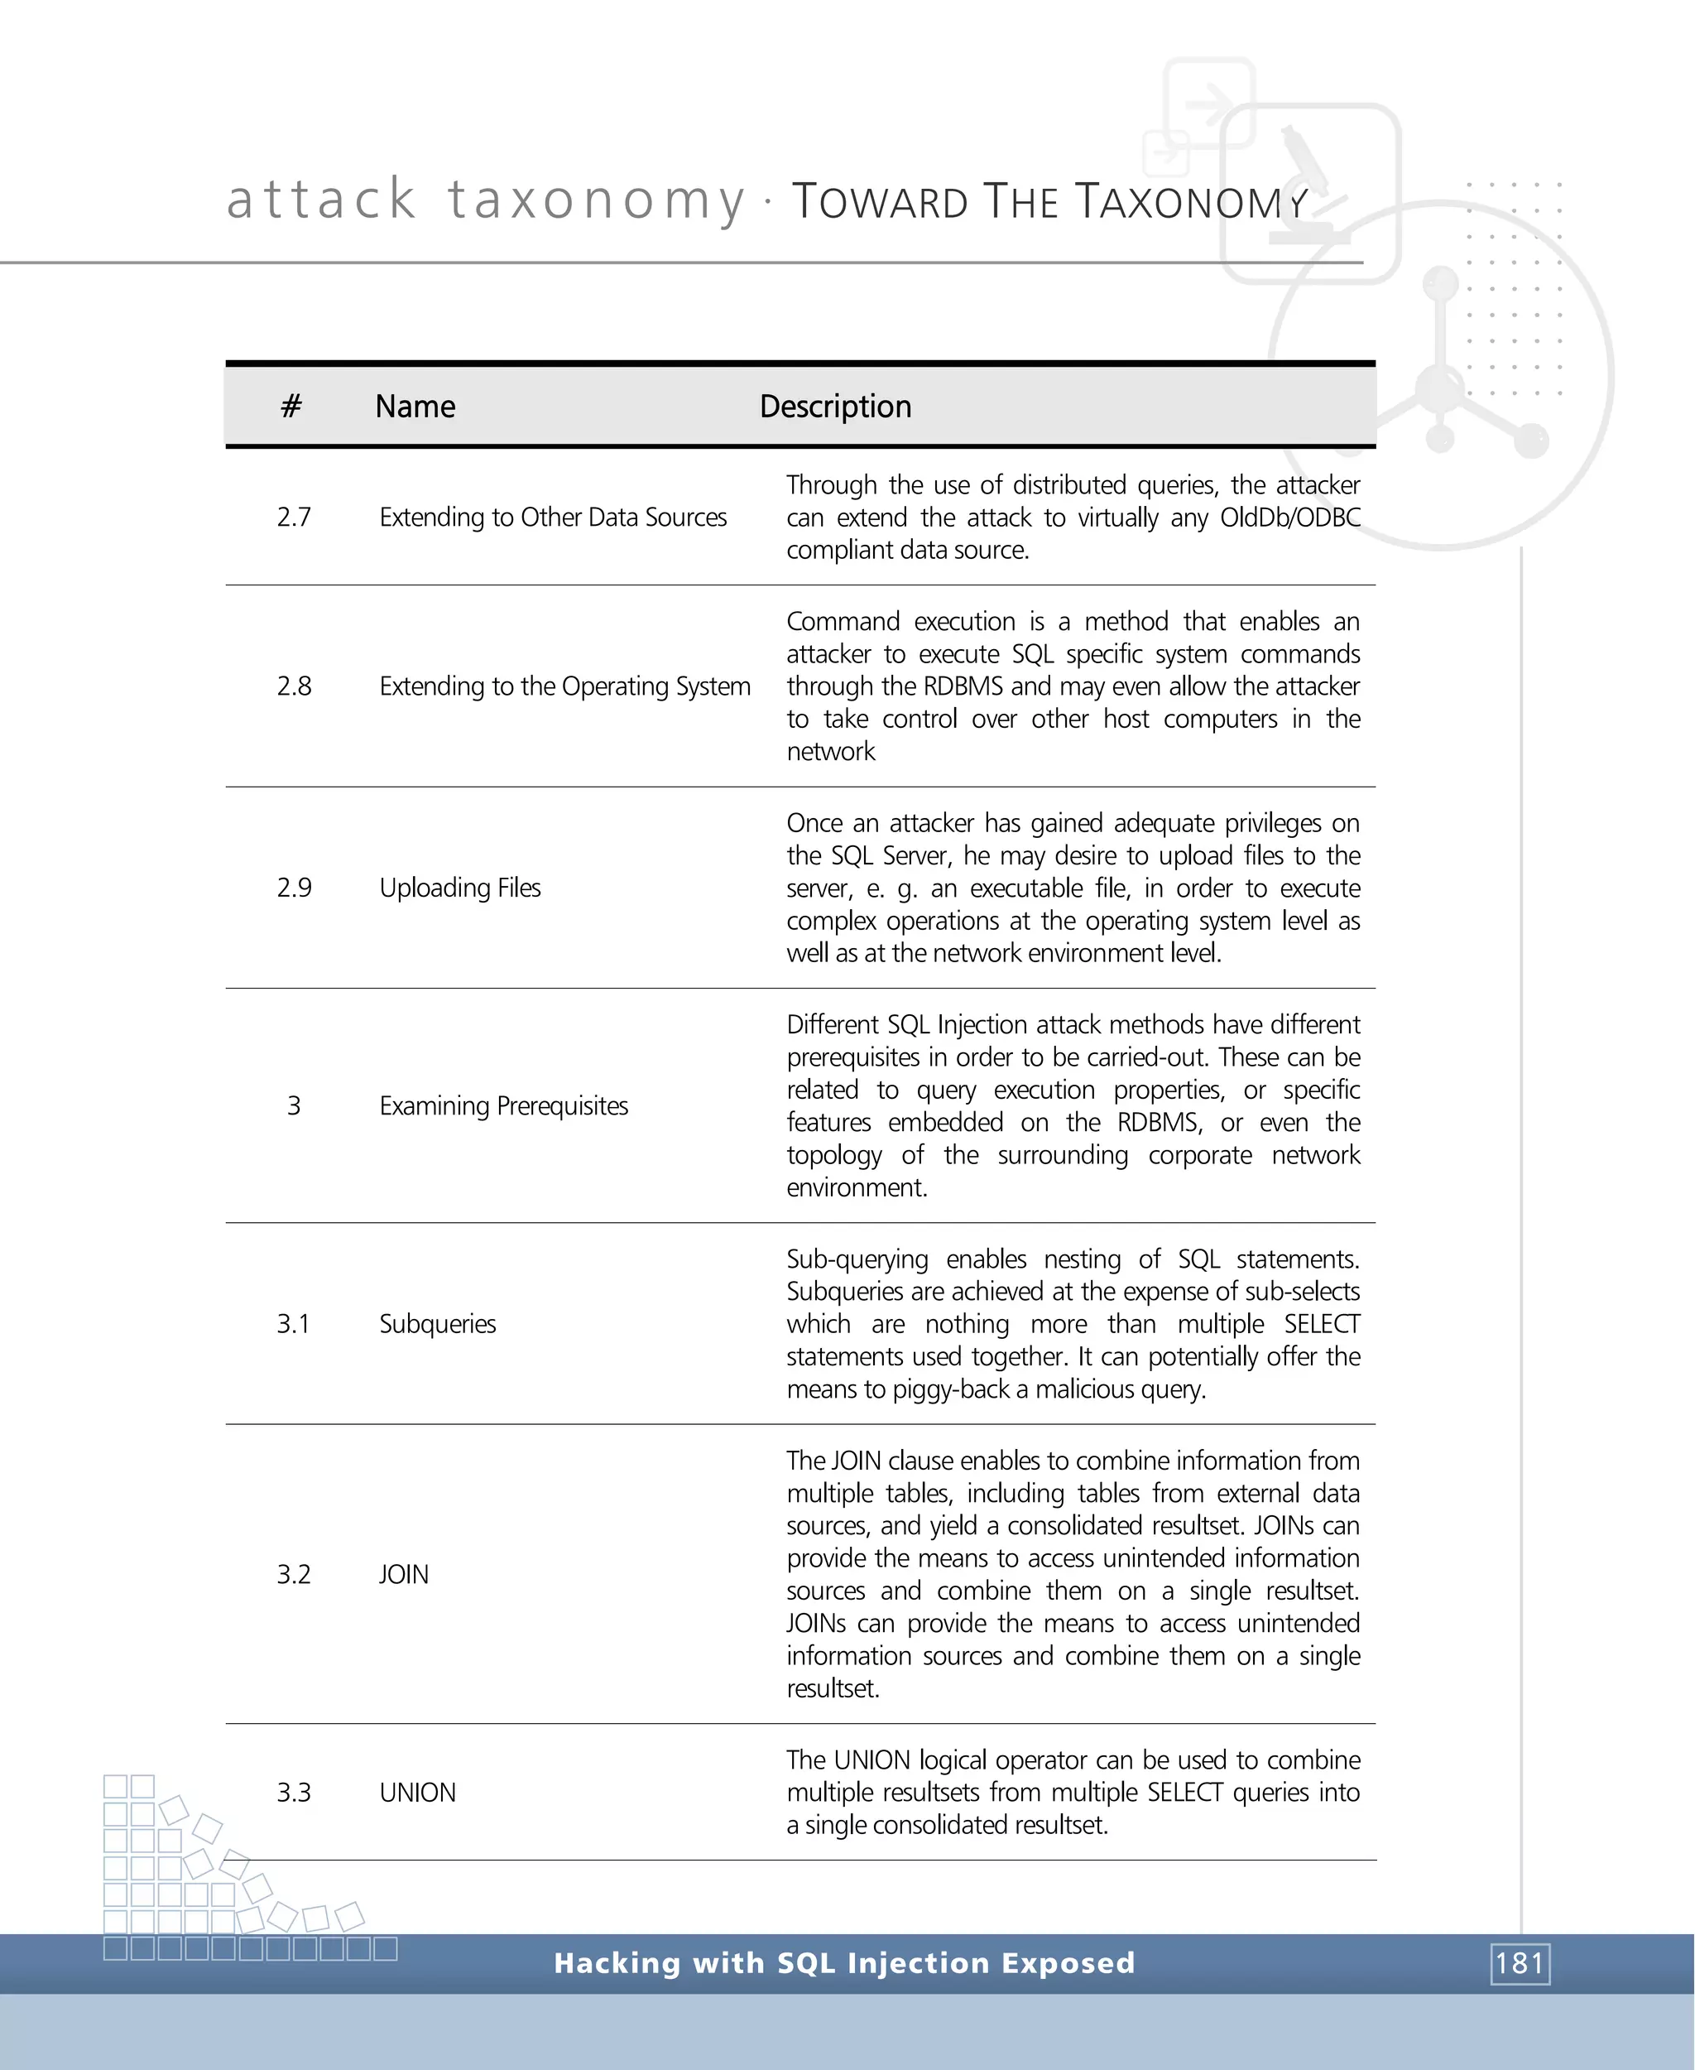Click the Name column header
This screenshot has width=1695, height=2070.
[x=415, y=407]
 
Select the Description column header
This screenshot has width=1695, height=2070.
[x=835, y=407]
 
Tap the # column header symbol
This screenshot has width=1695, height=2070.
[x=291, y=407]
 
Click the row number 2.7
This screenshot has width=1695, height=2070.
[x=294, y=517]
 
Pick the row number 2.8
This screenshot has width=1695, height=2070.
[x=294, y=686]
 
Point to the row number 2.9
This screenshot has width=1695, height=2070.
[x=294, y=887]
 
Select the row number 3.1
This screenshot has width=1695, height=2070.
[x=293, y=1324]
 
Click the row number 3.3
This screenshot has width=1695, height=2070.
[x=293, y=1793]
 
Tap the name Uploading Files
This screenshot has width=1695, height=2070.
[x=460, y=887]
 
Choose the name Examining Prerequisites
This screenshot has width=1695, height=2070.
[x=504, y=1106]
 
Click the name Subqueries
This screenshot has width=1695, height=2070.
[x=438, y=1324]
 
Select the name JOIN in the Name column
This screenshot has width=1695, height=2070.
[x=403, y=1575]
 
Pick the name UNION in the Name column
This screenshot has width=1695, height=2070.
[x=417, y=1793]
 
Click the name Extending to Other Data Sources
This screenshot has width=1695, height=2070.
[x=553, y=517]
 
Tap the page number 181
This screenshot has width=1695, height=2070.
[x=1520, y=1962]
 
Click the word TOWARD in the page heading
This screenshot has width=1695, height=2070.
[x=879, y=202]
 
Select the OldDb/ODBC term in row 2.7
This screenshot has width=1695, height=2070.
[x=1289, y=517]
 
